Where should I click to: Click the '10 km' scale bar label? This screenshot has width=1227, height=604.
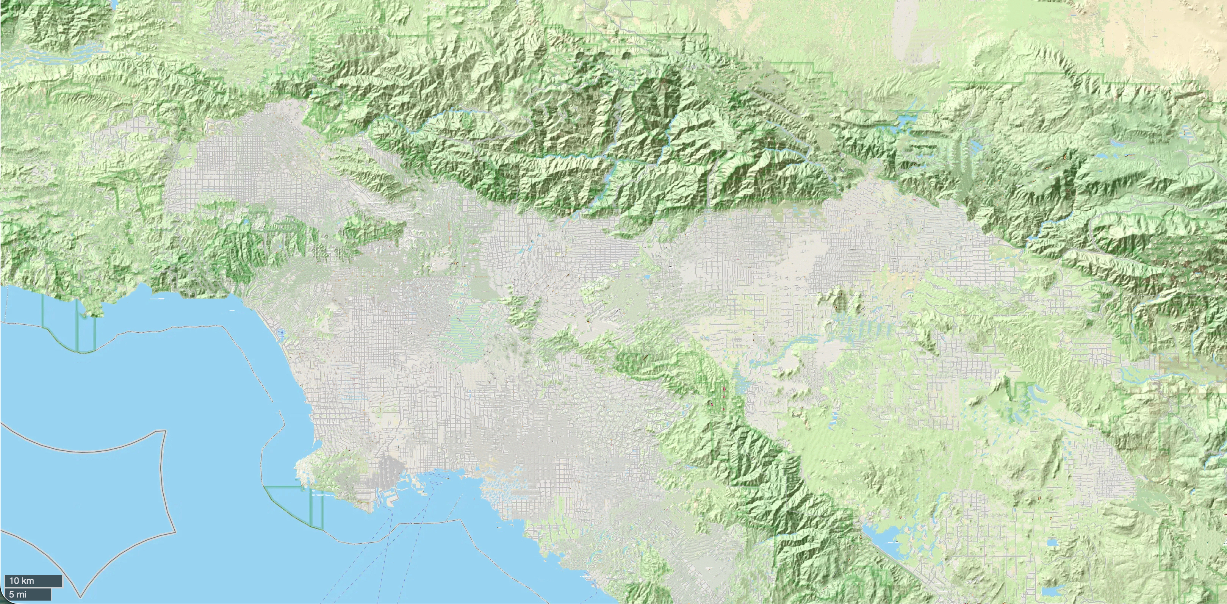point(22,581)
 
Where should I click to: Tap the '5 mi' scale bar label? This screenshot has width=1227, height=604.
point(18,595)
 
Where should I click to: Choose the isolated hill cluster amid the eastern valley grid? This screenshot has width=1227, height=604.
point(841,298)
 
